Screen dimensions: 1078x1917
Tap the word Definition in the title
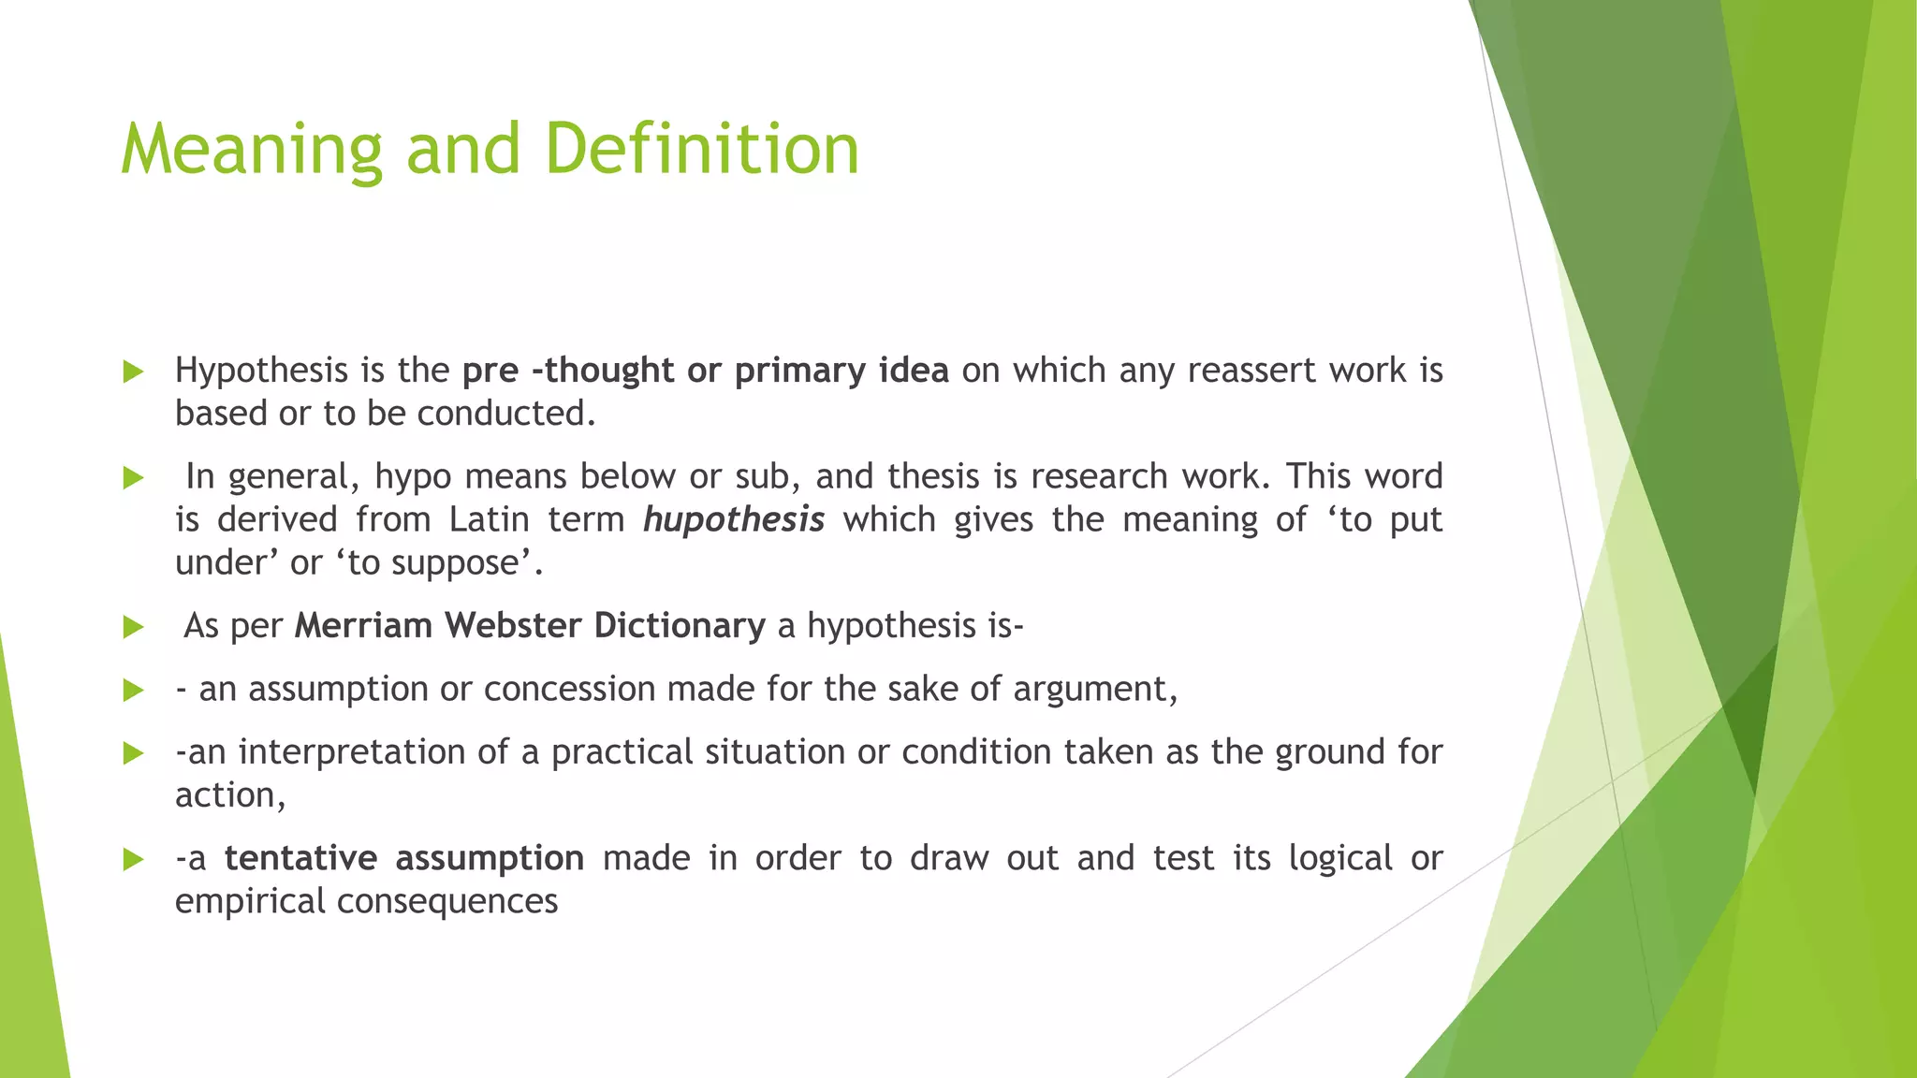pyautogui.click(x=701, y=150)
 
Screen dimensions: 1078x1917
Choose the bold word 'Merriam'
pyautogui.click(x=364, y=626)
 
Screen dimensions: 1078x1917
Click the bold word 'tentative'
pyautogui.click(x=300, y=858)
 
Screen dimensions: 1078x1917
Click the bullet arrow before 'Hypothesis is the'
pyautogui.click(x=133, y=372)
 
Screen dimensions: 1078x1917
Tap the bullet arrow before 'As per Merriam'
pyautogui.click(x=133, y=627)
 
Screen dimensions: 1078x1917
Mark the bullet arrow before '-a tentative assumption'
pyautogui.click(x=133, y=859)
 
